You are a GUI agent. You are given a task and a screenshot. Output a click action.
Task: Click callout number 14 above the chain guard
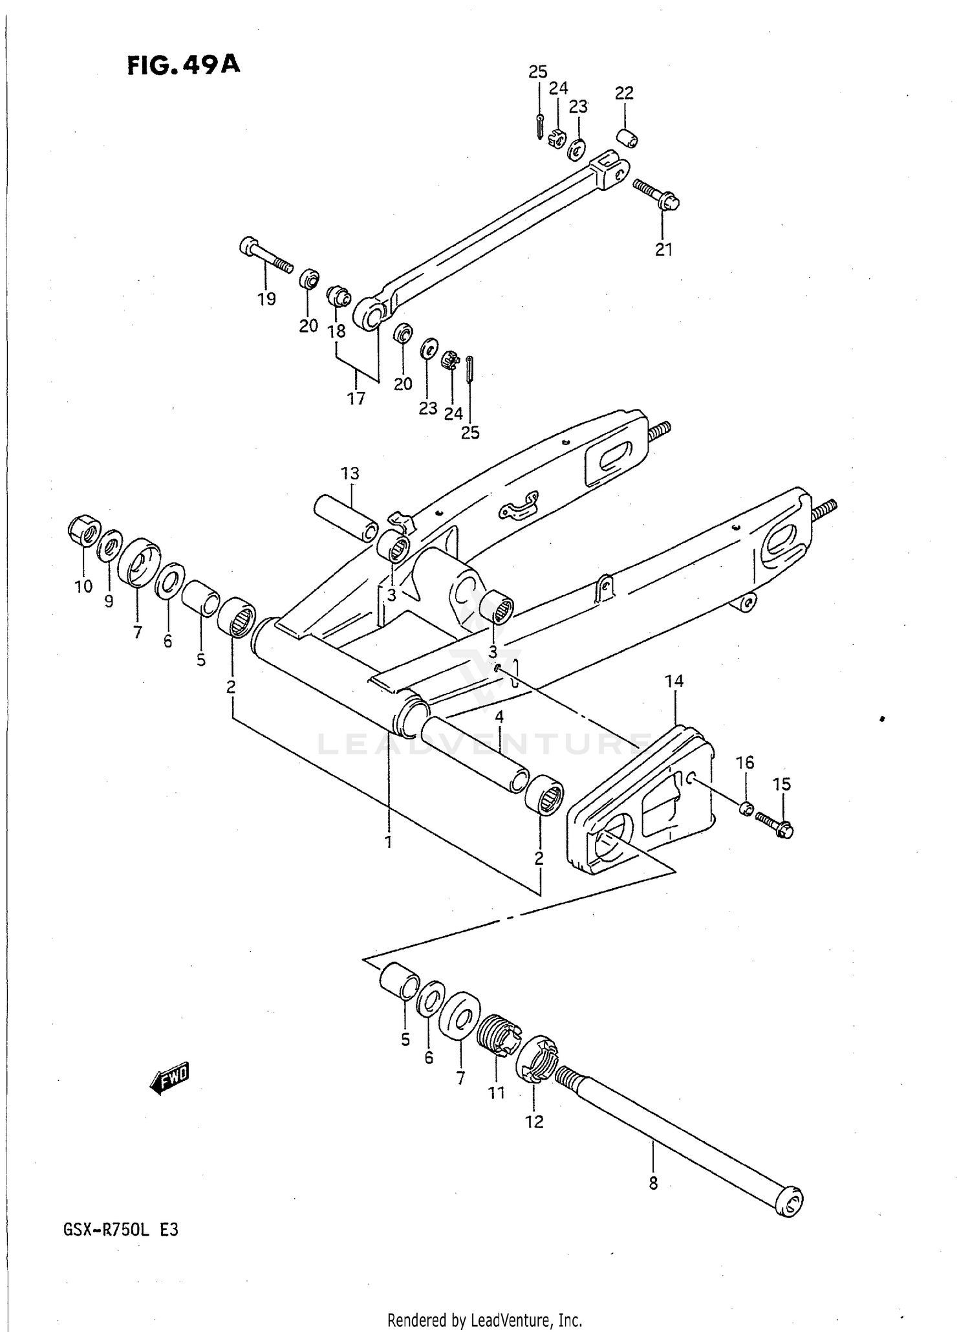[x=674, y=681]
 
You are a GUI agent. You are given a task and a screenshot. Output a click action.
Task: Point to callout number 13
[x=350, y=474]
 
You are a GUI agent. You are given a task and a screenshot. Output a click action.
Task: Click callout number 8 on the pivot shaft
[x=653, y=1183]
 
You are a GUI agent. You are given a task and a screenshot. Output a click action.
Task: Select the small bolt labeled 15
[x=774, y=825]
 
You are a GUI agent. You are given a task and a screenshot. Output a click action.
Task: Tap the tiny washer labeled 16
[x=746, y=808]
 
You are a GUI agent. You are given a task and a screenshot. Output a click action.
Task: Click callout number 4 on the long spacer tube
[x=499, y=717]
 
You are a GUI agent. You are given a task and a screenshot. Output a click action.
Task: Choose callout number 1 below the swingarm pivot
[x=388, y=842]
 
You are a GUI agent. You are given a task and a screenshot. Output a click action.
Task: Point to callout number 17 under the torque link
[x=356, y=399]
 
